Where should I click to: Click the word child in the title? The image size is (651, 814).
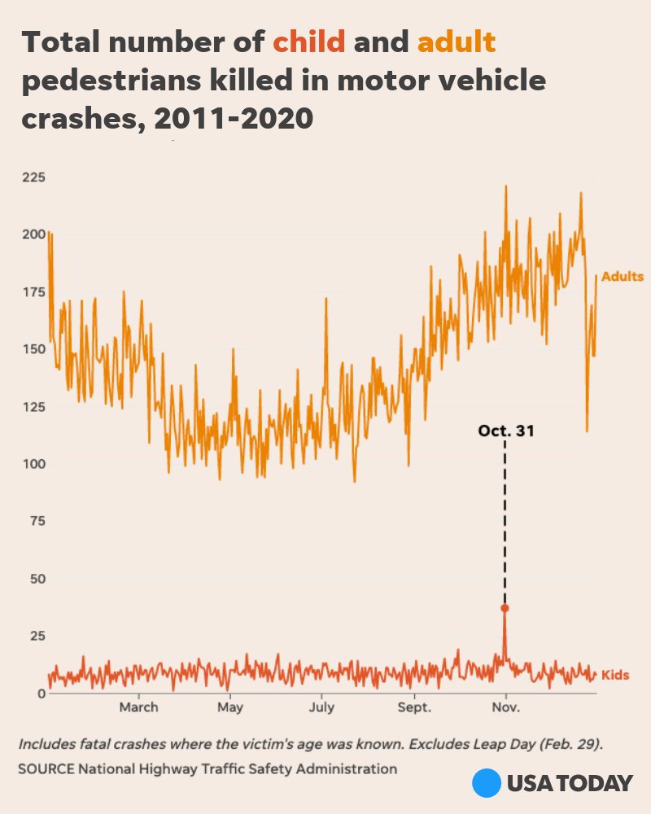[x=309, y=42]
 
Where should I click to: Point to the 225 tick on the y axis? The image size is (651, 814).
[x=33, y=177]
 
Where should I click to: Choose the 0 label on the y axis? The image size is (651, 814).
[x=41, y=693]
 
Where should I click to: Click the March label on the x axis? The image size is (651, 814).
[x=139, y=707]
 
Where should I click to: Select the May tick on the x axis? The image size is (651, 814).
[x=230, y=707]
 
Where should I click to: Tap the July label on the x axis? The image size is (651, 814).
[x=322, y=707]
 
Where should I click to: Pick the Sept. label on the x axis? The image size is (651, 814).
[x=414, y=707]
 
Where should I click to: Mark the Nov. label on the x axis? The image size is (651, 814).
[x=506, y=707]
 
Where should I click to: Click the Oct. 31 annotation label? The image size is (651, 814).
[x=506, y=431]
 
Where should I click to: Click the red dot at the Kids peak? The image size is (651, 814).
[x=505, y=608]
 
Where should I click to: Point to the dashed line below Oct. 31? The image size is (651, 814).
[x=505, y=521]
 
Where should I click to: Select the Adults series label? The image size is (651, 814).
[x=622, y=277]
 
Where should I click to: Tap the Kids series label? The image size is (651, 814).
[x=614, y=675]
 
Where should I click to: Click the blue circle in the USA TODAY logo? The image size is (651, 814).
[x=486, y=783]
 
